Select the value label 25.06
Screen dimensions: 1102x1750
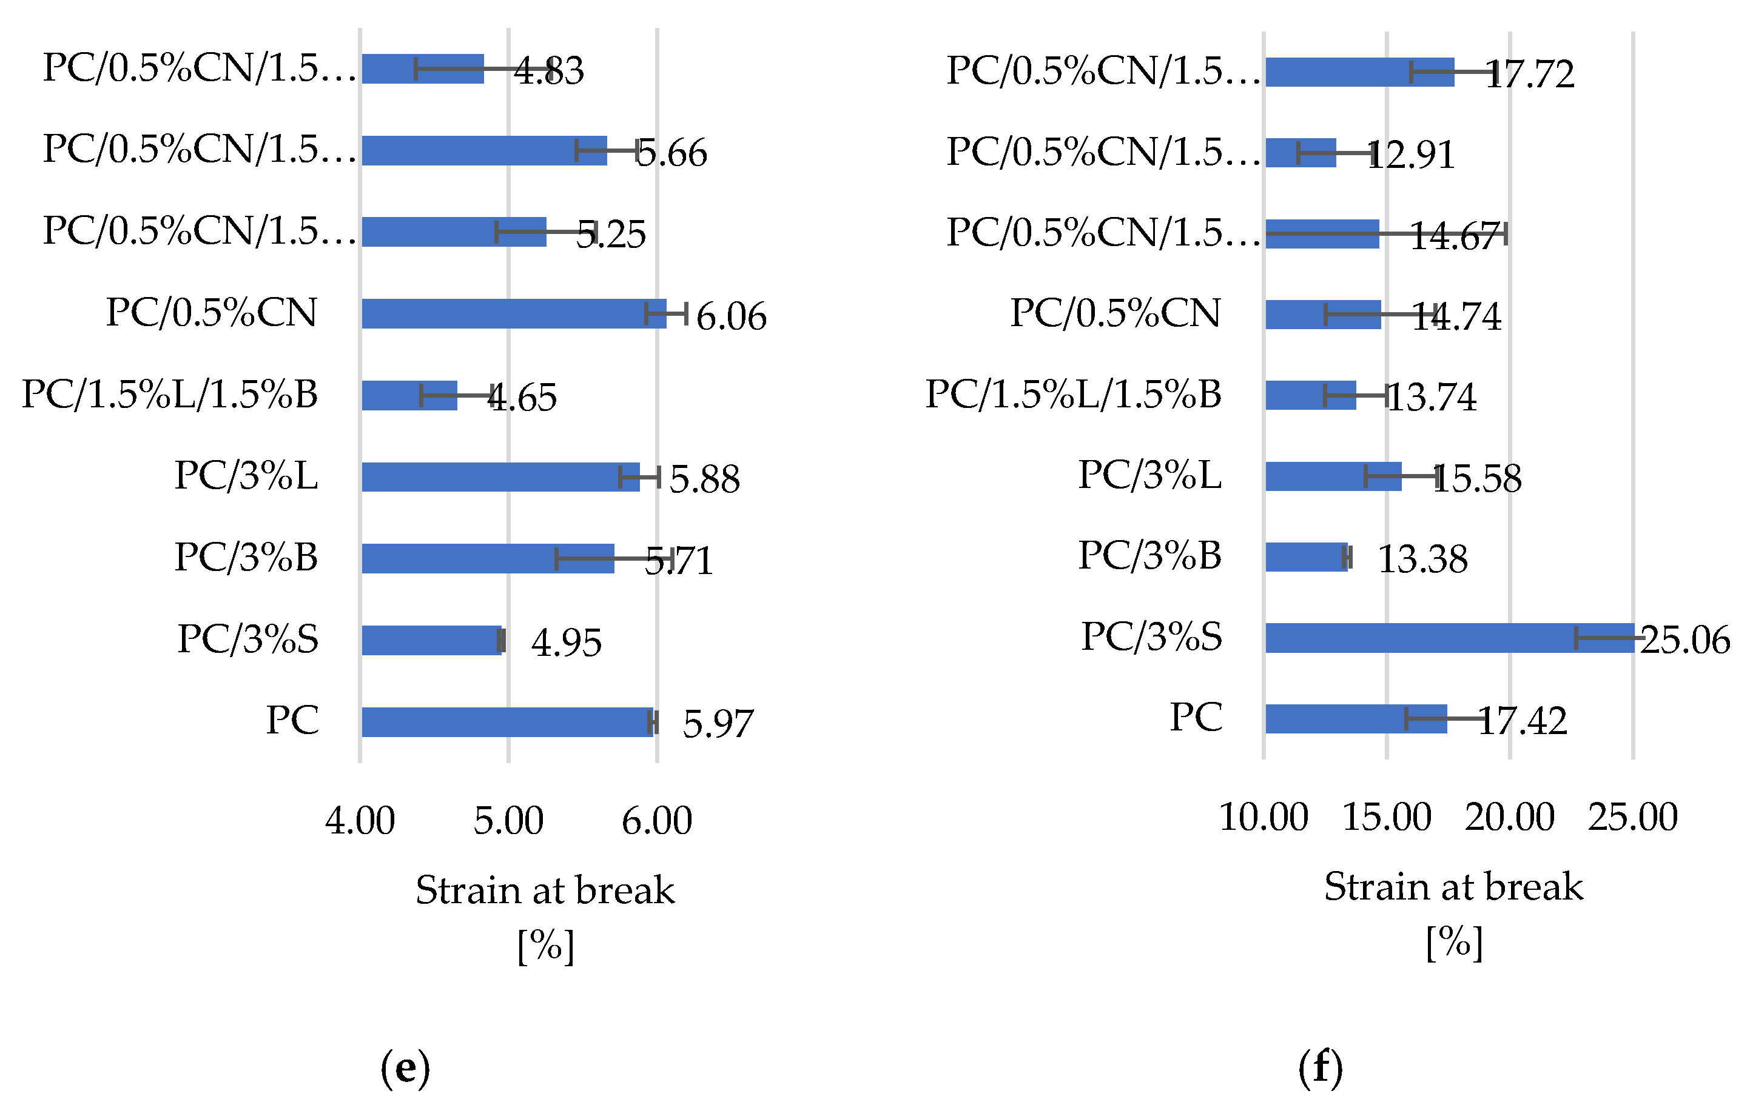coord(1684,640)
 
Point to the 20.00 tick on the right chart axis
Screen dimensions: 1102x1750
coord(1509,817)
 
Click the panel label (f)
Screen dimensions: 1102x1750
coord(1321,1068)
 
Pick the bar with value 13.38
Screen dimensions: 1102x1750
coord(1306,557)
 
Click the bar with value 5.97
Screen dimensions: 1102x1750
coord(506,721)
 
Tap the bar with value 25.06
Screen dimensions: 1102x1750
coord(1449,638)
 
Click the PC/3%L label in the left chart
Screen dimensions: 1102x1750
coord(246,476)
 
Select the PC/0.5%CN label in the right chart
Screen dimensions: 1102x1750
coord(1115,313)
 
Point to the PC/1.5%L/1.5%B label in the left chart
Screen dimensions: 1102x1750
coord(169,395)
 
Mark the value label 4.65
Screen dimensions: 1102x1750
coord(522,398)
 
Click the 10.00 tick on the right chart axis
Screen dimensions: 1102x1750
coord(1263,817)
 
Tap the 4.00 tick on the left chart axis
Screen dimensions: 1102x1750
coord(360,821)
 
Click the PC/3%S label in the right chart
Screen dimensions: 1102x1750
coord(1151,637)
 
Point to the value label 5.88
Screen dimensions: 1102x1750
coord(704,479)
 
